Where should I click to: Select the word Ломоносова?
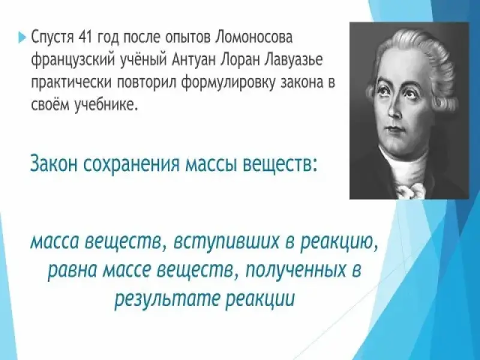(x=254, y=37)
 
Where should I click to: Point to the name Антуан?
(x=194, y=61)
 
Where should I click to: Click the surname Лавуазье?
(x=295, y=61)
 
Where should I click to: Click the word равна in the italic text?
(x=73, y=271)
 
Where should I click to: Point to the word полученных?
(x=295, y=271)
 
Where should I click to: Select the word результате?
(x=167, y=298)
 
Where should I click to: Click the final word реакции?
(x=260, y=298)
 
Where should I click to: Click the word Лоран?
(x=242, y=61)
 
